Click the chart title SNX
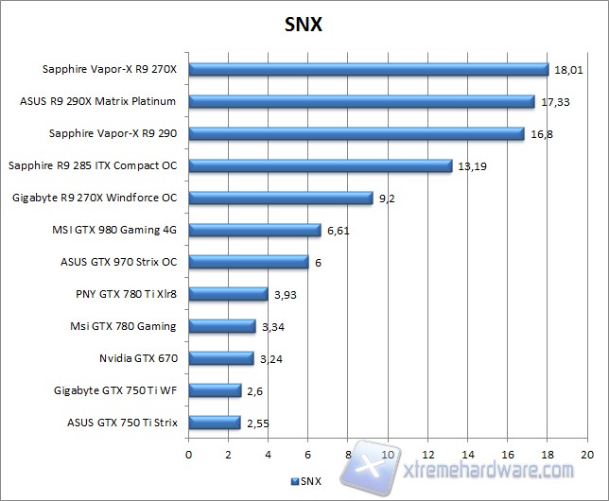tap(304, 24)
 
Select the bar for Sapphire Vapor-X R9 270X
tap(369, 70)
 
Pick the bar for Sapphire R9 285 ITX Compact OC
tap(321, 166)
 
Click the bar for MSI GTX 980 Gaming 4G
tap(255, 230)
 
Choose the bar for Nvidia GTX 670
tap(221, 358)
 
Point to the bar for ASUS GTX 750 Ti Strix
tap(215, 423)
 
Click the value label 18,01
tap(568, 69)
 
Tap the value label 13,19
tap(472, 166)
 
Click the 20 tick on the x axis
tap(587, 454)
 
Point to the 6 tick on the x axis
tap(308, 454)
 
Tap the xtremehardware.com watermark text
tap(480, 469)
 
